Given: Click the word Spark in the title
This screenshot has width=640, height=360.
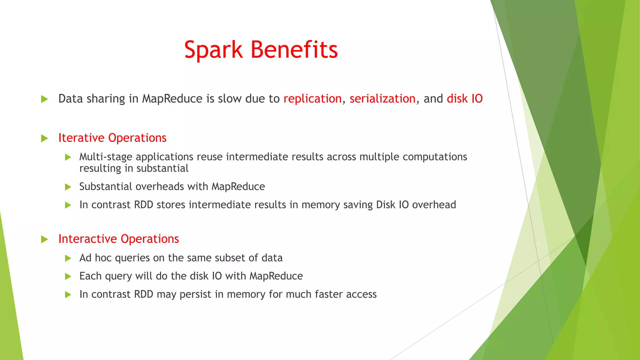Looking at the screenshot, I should pos(213,50).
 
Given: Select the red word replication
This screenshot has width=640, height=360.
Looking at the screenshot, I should pos(312,99).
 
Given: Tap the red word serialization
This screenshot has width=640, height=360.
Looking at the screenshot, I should pos(382,99).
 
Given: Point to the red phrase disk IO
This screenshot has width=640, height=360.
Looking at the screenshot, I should pos(464,99).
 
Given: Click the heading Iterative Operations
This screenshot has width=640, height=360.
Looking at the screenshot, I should pos(112,138).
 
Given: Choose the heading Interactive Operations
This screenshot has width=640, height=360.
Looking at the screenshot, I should pos(118,239).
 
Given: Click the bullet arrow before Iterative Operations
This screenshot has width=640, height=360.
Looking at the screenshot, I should pos(44,138).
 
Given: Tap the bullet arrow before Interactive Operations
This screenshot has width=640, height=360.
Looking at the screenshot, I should pos(44,240).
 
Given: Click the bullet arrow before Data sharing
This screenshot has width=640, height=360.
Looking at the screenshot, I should pos(44,99).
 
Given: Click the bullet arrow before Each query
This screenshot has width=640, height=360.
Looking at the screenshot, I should pos(68,277).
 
